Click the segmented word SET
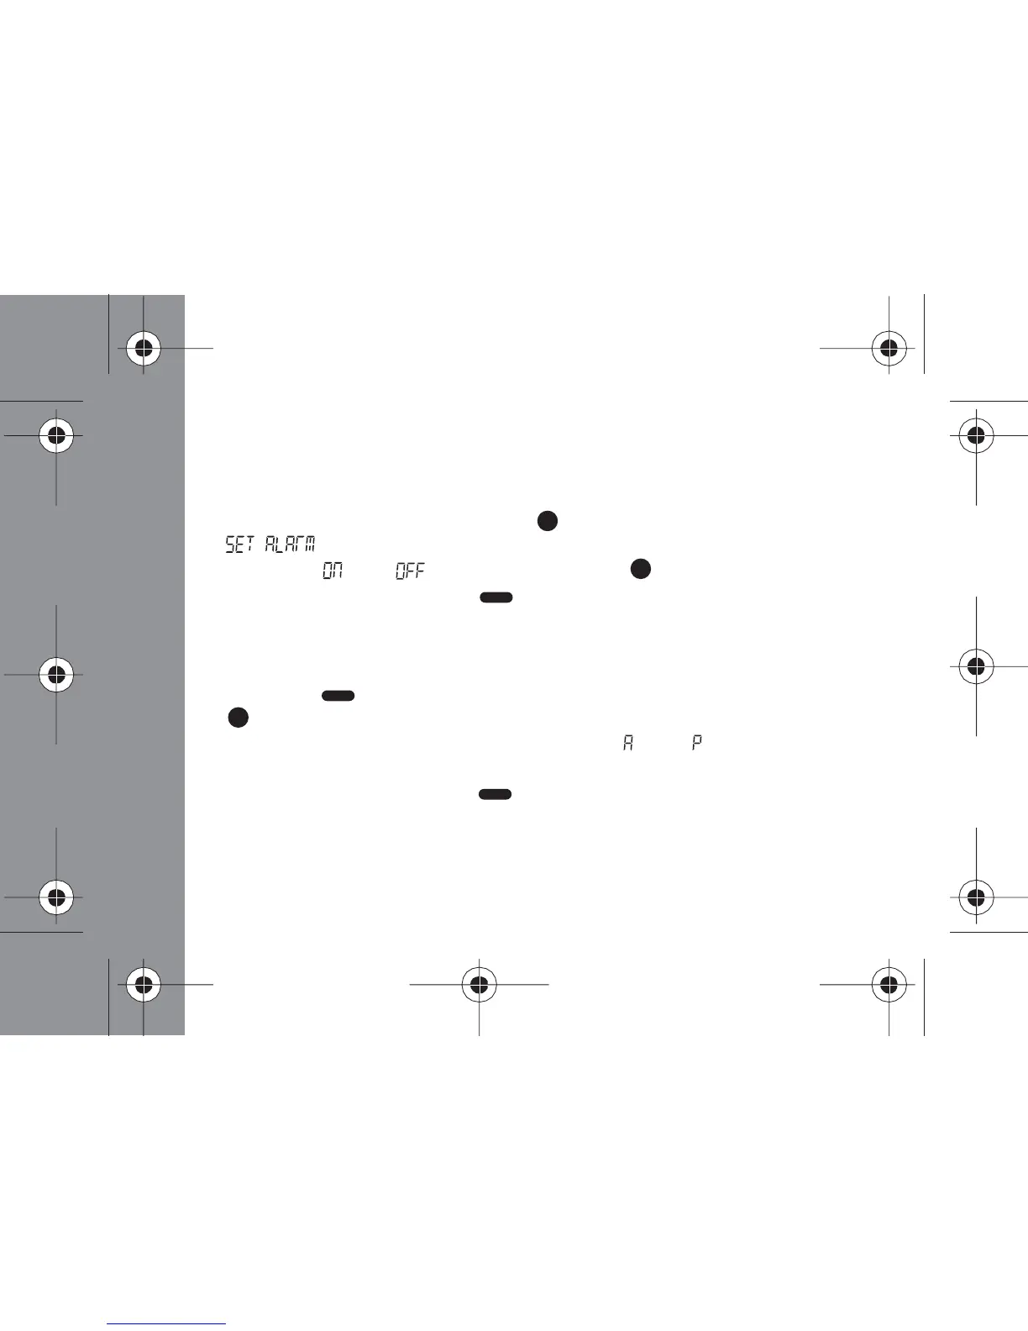[239, 544]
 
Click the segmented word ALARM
[290, 544]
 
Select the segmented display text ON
[333, 571]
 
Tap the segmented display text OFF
[411, 571]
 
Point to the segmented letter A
[627, 743]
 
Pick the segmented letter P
[696, 743]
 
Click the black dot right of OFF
[641, 569]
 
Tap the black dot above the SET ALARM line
[547, 521]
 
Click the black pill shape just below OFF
[496, 597]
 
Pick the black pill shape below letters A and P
[496, 794]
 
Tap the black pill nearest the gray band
[338, 696]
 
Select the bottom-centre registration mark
[479, 984]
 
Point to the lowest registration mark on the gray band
[144, 984]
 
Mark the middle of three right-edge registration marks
[976, 667]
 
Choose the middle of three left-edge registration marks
[56, 675]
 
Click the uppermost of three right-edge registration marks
[976, 436]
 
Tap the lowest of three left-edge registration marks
[56, 897]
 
